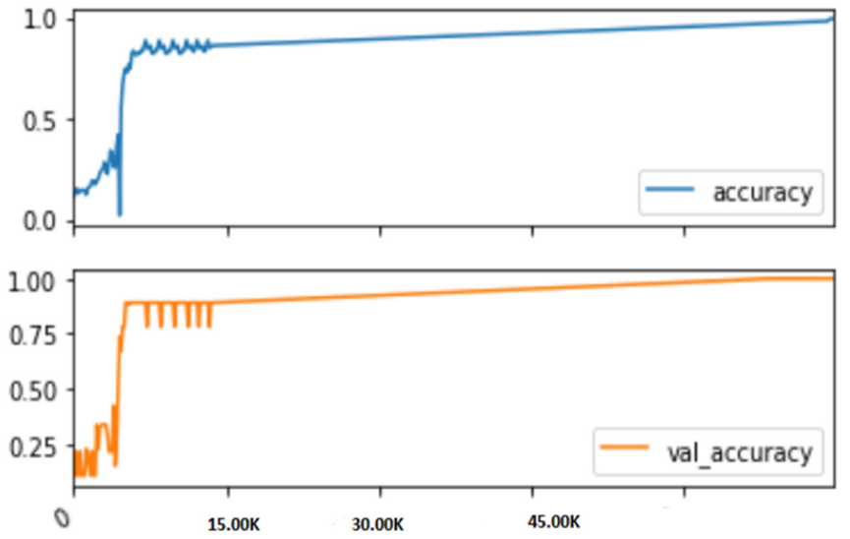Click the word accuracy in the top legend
point(763,192)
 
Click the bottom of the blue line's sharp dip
point(120,213)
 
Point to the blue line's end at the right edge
point(832,20)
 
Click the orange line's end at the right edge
point(832,278)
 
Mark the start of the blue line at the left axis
point(75,191)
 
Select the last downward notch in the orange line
point(208,325)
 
